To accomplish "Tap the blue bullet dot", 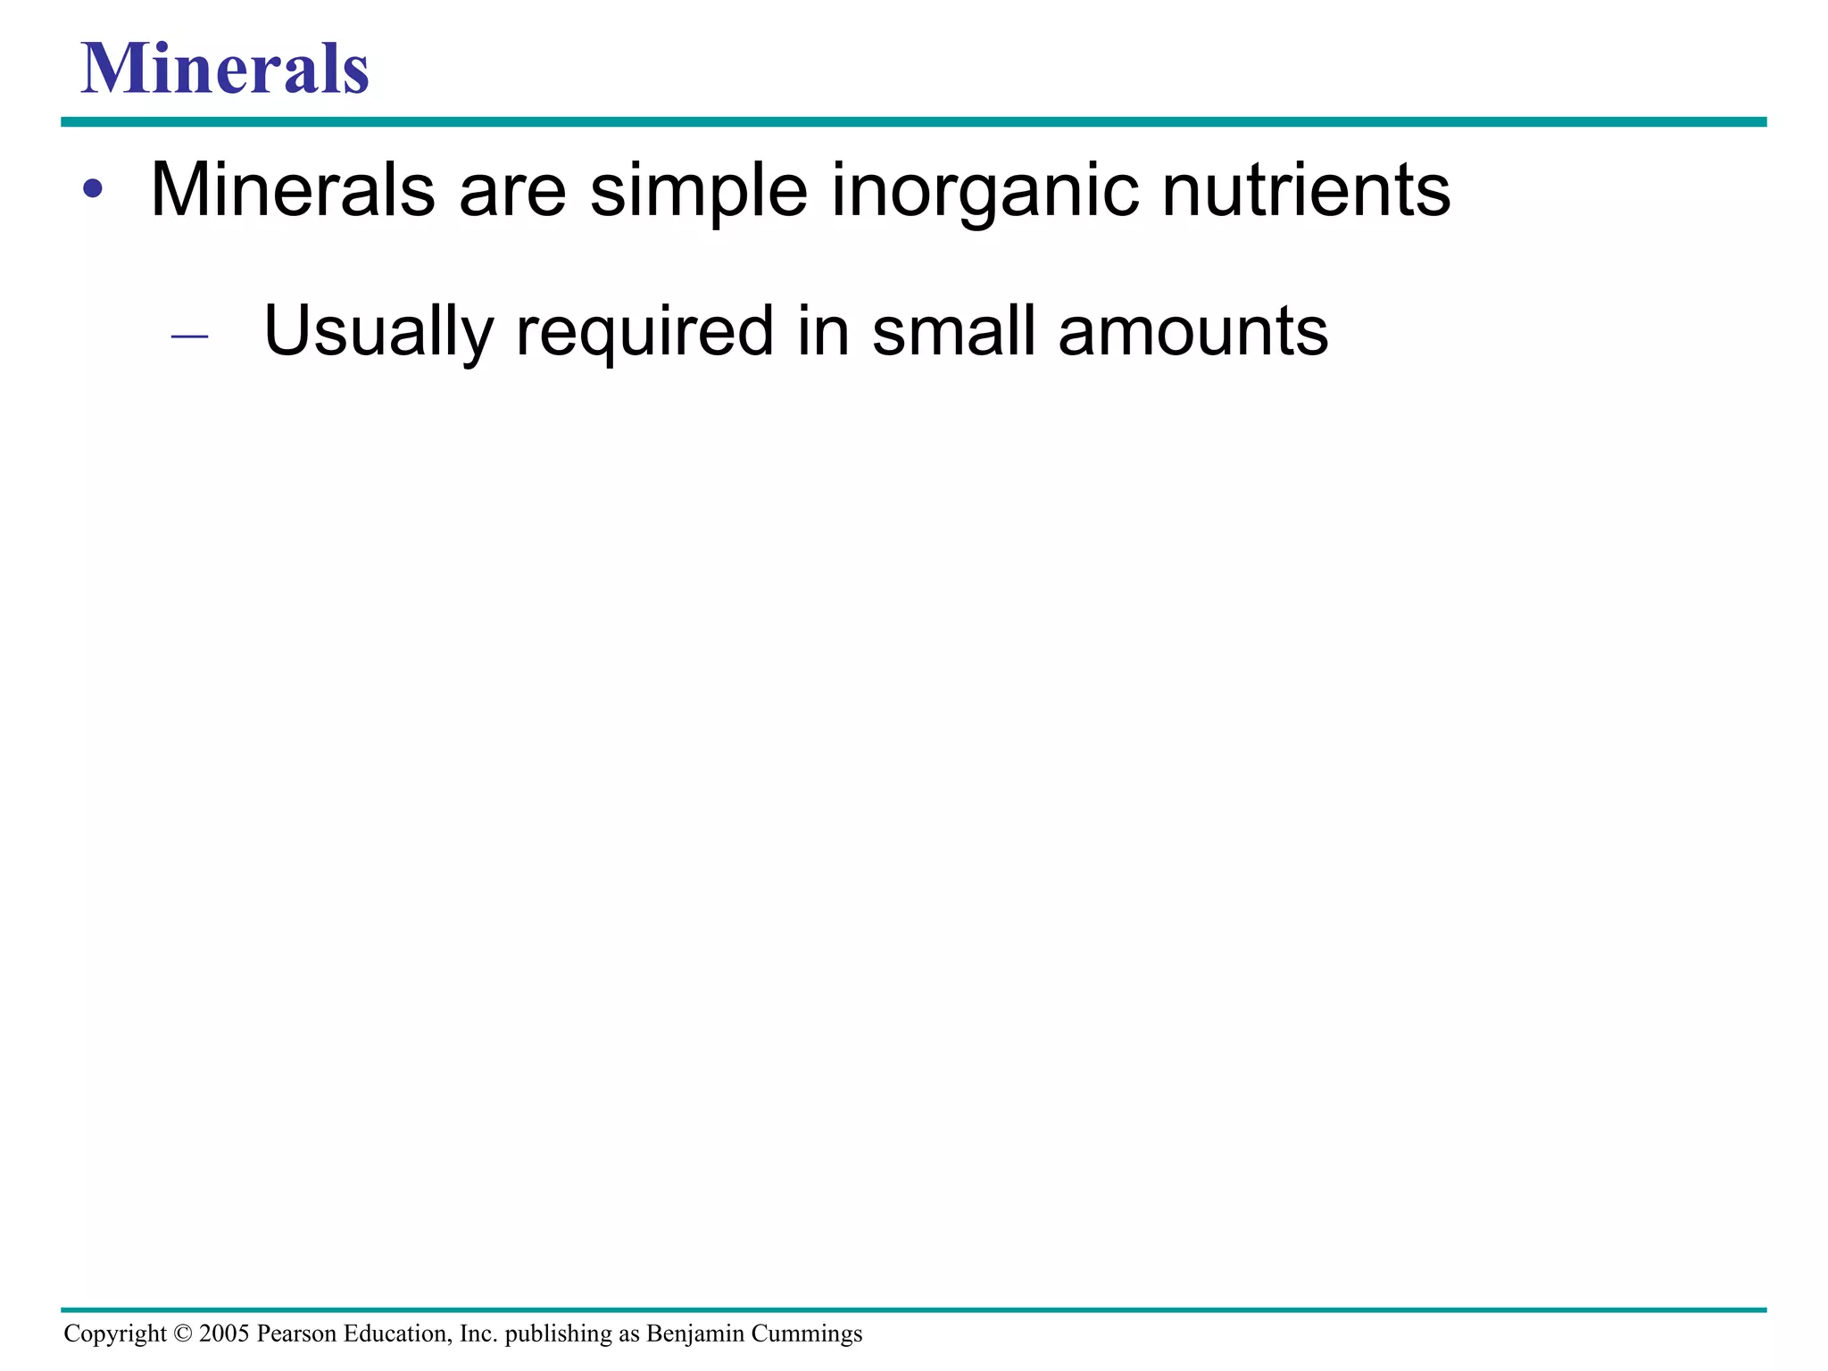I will [93, 189].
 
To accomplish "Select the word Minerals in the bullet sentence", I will [293, 189].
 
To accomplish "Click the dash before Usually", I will [189, 337].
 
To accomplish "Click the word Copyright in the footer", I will [115, 1334].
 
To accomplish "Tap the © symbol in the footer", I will [183, 1334].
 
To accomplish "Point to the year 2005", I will [224, 1334].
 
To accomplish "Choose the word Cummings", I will [807, 1334].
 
